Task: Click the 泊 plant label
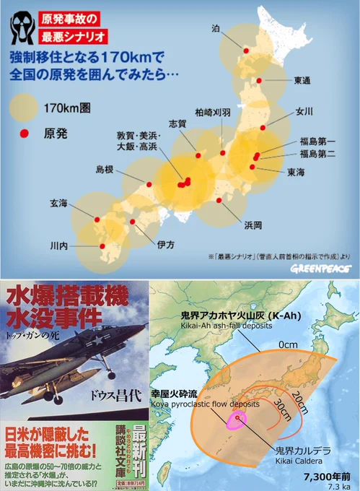[216, 28]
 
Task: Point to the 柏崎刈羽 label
[213, 113]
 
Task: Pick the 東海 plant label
[297, 172]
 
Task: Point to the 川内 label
[59, 246]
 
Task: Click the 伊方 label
[166, 245]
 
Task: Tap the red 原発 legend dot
[24, 133]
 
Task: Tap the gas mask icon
[22, 27]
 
